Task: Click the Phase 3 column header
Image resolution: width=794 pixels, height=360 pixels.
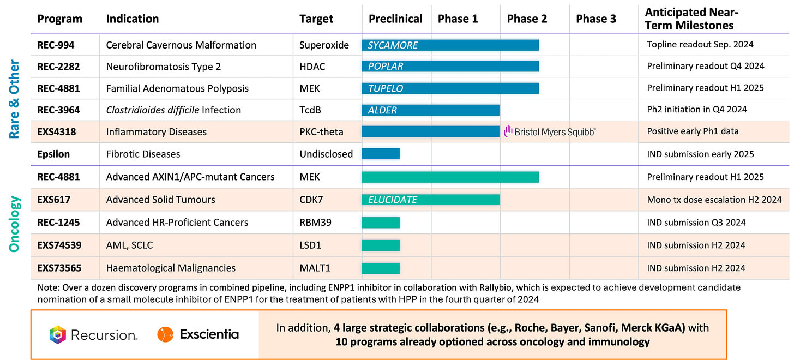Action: [x=595, y=19]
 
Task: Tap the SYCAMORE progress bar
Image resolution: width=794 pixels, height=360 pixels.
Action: [x=450, y=45]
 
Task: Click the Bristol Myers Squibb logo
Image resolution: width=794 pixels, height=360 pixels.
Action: [x=550, y=131]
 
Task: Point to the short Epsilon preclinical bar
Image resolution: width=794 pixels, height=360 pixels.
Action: [x=381, y=154]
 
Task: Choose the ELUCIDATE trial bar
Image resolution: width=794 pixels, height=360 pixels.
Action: [x=430, y=200]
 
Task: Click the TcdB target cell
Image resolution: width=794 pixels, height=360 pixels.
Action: [x=310, y=110]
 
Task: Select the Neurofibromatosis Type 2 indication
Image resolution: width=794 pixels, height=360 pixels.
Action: [x=163, y=67]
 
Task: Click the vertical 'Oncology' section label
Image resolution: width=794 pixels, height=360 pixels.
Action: [x=15, y=224]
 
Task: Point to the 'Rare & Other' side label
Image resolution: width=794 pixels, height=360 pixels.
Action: [x=15, y=99]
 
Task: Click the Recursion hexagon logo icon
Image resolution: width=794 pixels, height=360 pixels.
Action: [x=57, y=334]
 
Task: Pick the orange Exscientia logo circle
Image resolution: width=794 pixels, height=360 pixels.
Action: [x=165, y=334]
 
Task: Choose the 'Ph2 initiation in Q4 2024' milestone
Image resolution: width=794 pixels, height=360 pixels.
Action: [x=697, y=110]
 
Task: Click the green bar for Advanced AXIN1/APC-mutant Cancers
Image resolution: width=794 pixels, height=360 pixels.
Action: [x=450, y=177]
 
